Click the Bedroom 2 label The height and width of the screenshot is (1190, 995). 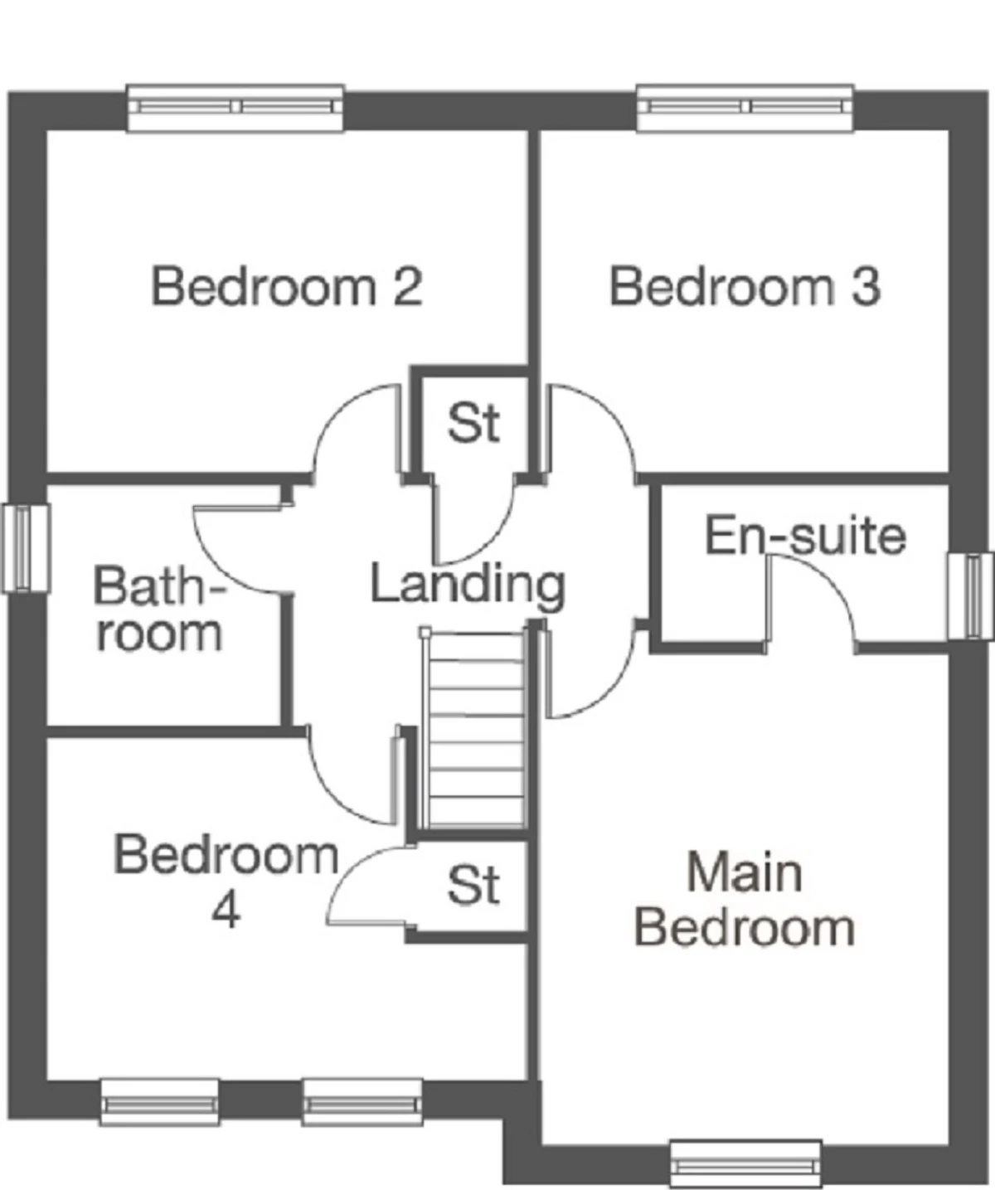click(x=287, y=287)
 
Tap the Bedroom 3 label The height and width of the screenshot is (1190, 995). click(x=745, y=287)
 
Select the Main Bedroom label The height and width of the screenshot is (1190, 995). click(x=745, y=908)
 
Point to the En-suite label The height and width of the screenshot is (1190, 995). click(x=805, y=535)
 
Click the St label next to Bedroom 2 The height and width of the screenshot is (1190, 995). click(x=473, y=424)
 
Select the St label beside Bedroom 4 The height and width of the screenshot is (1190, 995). click(x=473, y=885)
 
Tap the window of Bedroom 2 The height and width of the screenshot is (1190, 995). click(x=235, y=109)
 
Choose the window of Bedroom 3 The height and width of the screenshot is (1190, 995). click(x=745, y=109)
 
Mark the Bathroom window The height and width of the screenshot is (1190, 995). click(x=27, y=548)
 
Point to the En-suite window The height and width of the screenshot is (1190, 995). click(x=970, y=596)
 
